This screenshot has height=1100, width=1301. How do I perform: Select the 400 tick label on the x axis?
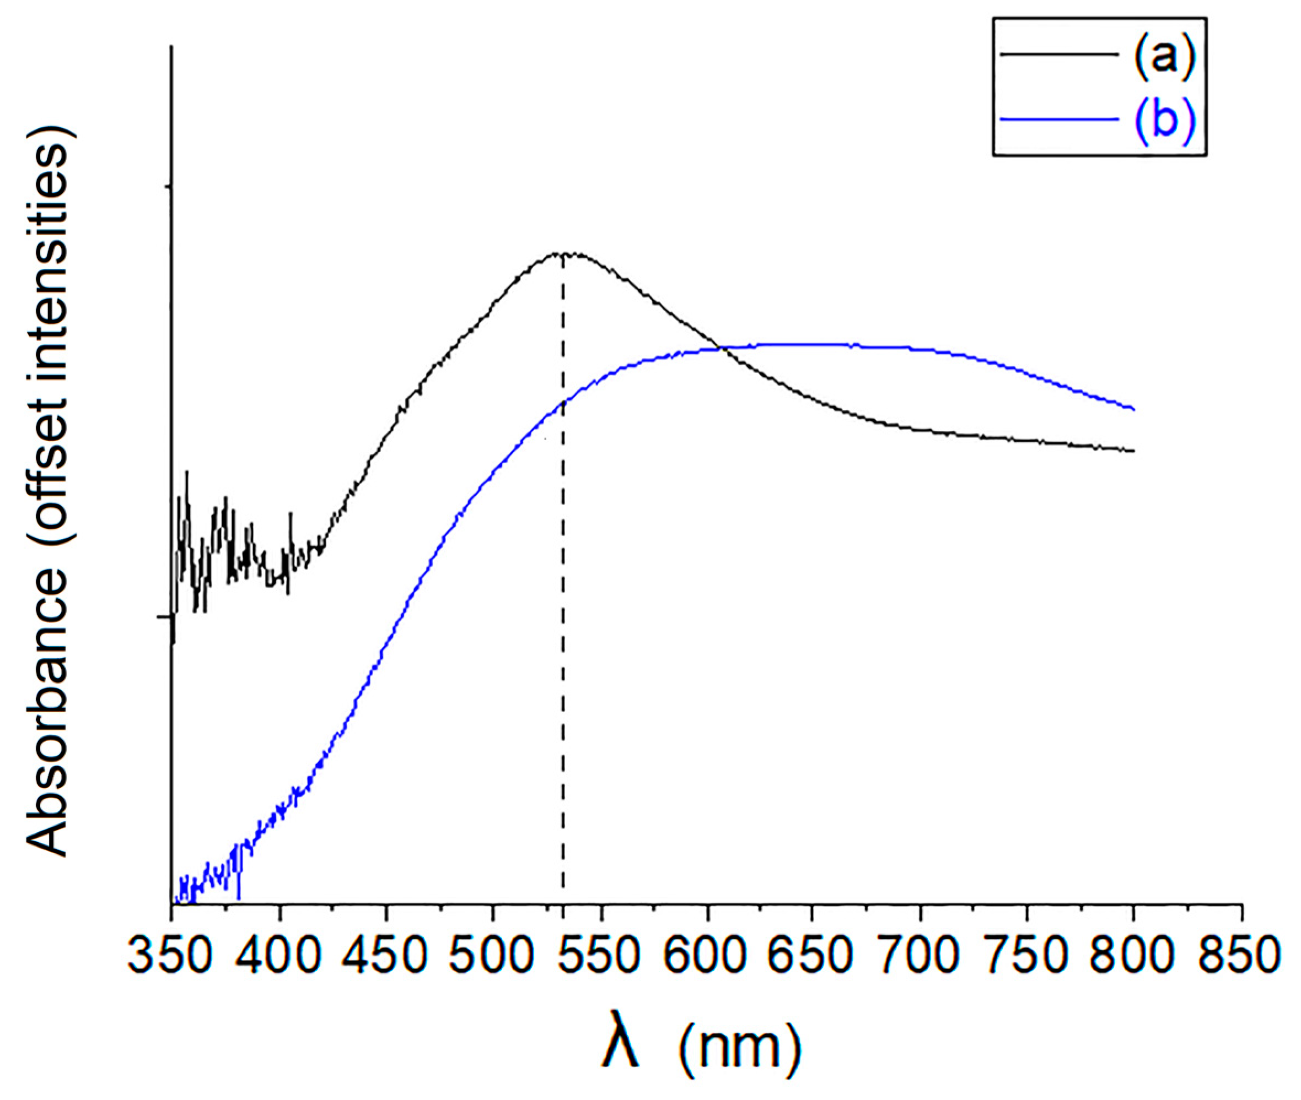click(279, 956)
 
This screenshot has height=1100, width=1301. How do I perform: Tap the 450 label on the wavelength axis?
click(386, 956)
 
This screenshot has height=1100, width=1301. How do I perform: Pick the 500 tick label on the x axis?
click(493, 956)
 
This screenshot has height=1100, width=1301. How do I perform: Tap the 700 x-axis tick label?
click(919, 956)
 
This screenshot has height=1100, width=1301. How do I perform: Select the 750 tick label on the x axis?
click(1026, 956)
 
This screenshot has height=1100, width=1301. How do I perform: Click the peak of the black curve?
click(565, 253)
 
